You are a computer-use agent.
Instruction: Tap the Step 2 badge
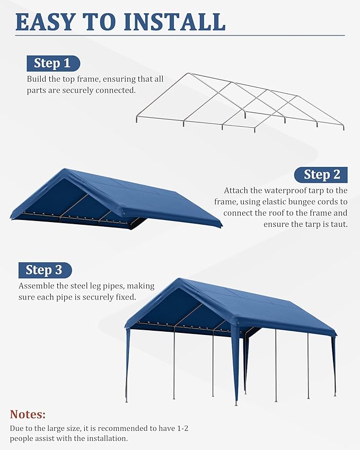322,174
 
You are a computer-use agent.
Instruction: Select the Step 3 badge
44,270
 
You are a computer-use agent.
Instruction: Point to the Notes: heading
28,414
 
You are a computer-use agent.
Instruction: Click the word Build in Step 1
36,79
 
